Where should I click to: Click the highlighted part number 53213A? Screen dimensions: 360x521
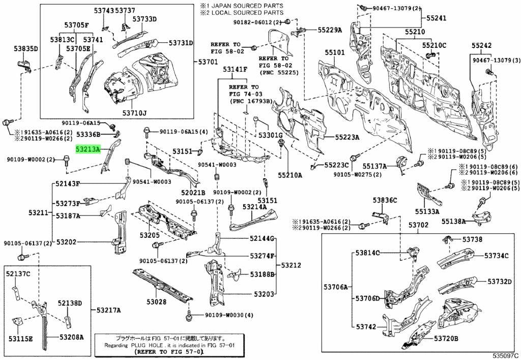88,150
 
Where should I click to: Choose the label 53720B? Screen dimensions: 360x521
446,339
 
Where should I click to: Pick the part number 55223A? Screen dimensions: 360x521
347,137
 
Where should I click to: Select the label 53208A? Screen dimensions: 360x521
71,337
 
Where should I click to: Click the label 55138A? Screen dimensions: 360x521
454,221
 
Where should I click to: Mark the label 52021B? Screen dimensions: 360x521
193,193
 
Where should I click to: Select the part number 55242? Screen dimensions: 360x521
481,45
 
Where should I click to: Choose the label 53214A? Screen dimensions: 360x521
255,207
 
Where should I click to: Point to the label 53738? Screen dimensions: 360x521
472,239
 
